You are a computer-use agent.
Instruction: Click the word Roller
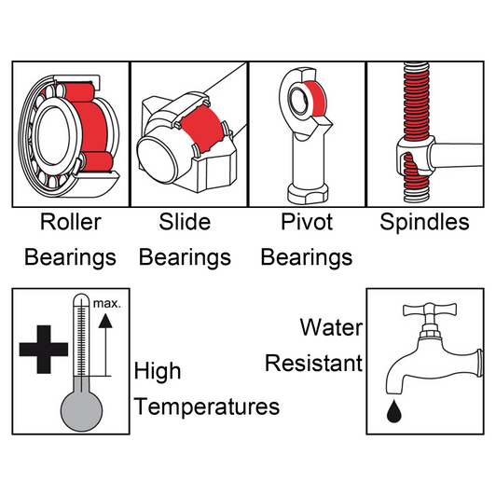point(71,222)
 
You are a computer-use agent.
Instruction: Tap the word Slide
point(185,222)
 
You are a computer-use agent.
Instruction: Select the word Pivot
point(307,222)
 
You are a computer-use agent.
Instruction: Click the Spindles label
point(424,222)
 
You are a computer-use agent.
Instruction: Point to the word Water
point(331,327)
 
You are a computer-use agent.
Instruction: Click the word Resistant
point(314,363)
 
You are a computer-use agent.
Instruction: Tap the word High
point(158,372)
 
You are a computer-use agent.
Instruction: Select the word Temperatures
point(207,406)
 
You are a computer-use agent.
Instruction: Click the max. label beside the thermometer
point(107,304)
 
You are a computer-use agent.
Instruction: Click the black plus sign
point(44,350)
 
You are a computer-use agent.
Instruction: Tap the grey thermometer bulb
point(82,411)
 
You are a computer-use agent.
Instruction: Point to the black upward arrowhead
point(105,321)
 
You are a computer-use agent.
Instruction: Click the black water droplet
point(394,412)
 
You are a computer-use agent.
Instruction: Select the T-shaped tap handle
point(430,310)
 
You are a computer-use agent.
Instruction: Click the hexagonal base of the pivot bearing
point(308,194)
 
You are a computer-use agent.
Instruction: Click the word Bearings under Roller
point(71,257)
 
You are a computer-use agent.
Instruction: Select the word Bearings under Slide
point(185,257)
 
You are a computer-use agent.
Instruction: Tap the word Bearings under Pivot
point(307,257)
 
